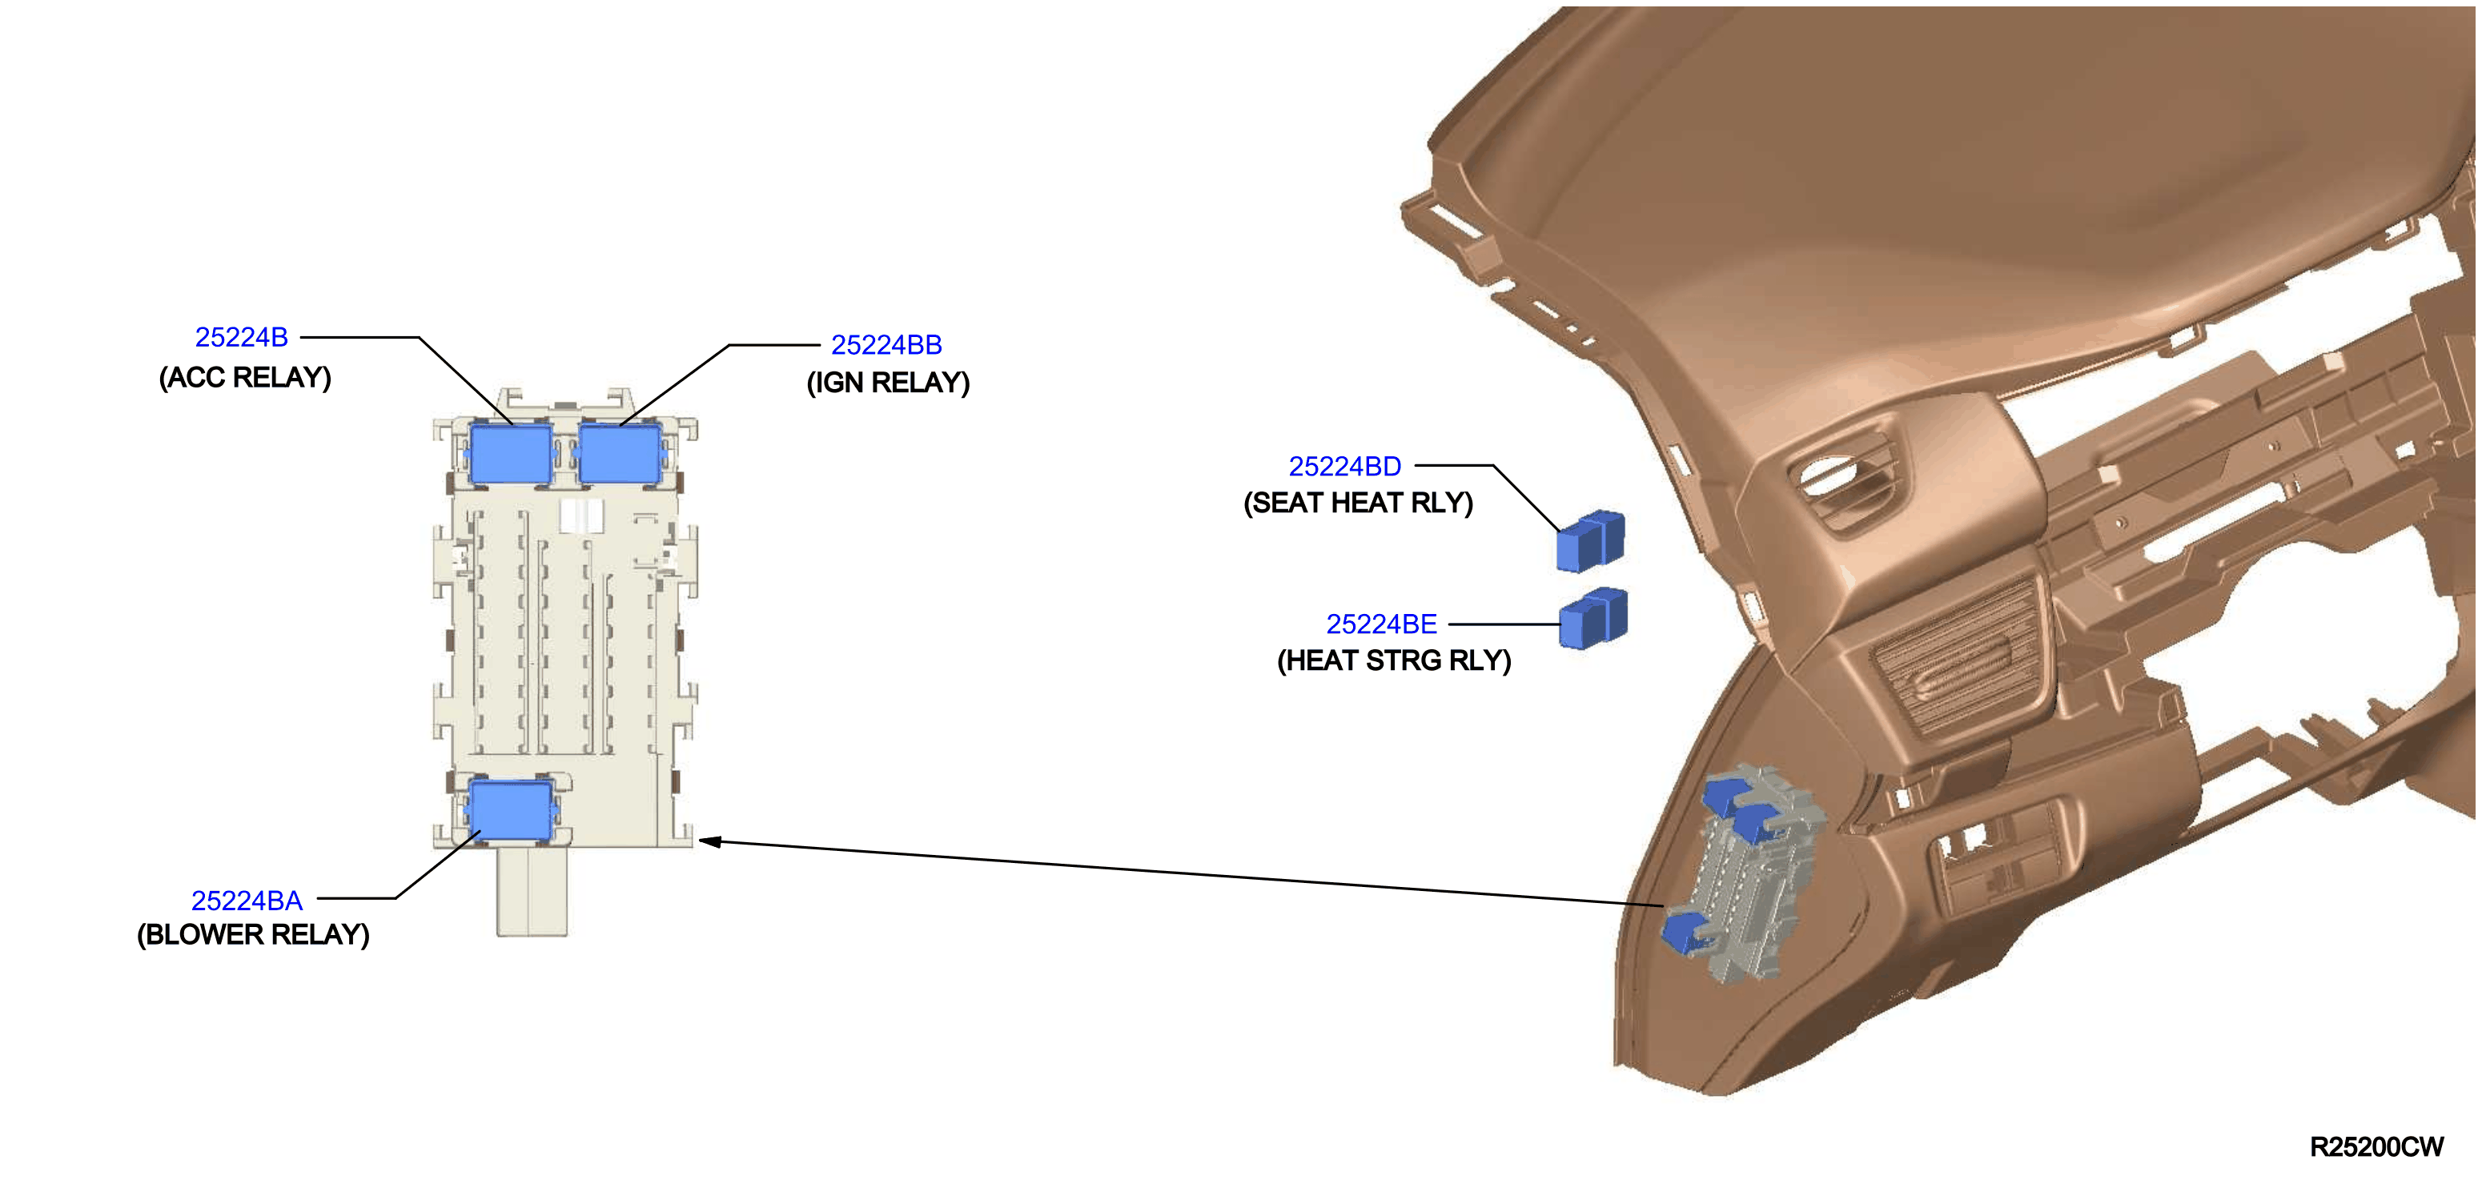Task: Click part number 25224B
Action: [241, 337]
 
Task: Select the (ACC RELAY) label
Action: [245, 377]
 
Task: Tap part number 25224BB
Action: [886, 345]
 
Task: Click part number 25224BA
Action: [247, 900]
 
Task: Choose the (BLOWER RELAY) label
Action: [253, 934]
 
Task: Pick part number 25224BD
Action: [1345, 467]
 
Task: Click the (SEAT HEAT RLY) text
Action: [1359, 503]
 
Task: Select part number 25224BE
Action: [1382, 624]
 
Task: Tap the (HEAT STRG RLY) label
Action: [1394, 661]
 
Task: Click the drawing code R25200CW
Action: [2377, 1146]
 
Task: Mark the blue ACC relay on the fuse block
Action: [511, 453]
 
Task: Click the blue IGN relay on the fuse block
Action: [620, 453]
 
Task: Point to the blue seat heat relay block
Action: [1591, 540]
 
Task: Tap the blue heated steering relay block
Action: [1593, 617]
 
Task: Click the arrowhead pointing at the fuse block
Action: [710, 841]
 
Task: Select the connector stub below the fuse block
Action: [532, 891]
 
